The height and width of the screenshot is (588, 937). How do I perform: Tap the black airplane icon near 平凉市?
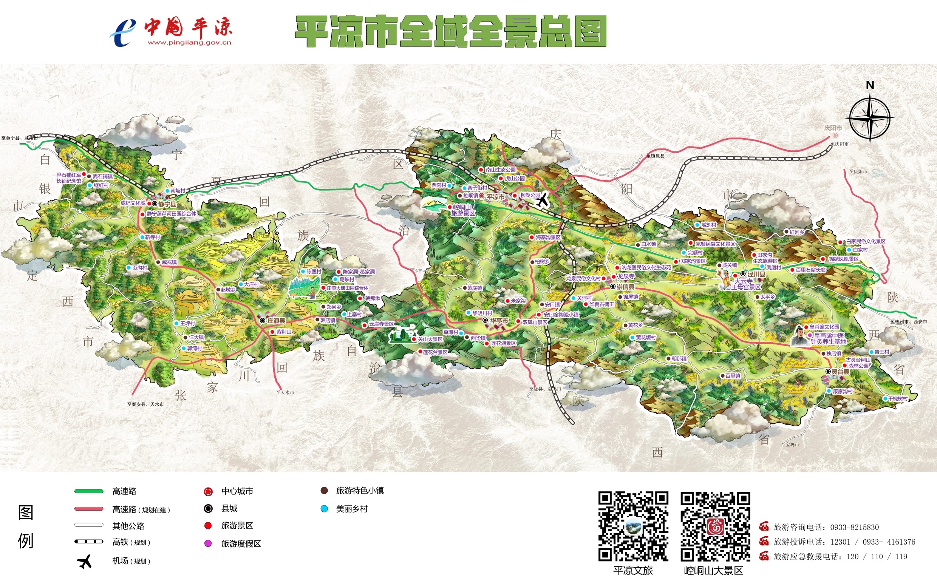coord(542,200)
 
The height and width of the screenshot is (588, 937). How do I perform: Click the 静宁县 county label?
coord(167,204)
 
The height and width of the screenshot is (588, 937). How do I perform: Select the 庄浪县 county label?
coord(276,321)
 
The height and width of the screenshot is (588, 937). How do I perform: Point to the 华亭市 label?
coord(499,321)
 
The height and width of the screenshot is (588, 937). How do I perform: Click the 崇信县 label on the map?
coord(625,287)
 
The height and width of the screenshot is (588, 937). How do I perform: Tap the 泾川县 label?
coord(756,274)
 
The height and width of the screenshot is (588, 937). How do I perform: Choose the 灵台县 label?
coord(840,372)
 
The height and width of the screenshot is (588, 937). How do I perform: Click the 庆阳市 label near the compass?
coord(833,128)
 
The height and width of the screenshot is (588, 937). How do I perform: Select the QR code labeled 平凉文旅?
coord(633,526)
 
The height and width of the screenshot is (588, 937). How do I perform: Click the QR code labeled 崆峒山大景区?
coord(715,526)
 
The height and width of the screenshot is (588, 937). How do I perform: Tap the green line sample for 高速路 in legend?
coord(89,491)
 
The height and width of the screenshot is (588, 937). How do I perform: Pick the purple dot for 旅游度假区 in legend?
coord(208,543)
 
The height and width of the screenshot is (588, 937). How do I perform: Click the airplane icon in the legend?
coord(85,561)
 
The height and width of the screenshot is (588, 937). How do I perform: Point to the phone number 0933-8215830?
coord(854,527)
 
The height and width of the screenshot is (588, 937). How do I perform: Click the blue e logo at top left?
coord(122,32)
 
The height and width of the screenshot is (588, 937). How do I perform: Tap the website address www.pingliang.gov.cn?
coord(189,43)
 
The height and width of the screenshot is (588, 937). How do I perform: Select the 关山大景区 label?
coord(430,339)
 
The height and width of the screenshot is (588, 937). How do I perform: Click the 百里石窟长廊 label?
coord(810,270)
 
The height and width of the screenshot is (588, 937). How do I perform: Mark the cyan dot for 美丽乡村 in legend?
coord(324,509)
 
